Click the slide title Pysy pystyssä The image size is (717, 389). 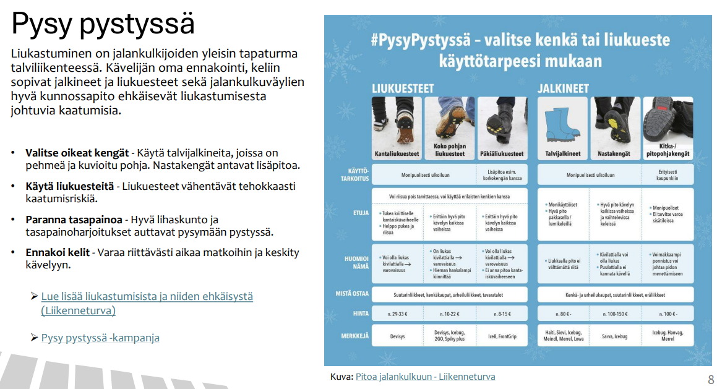(103, 24)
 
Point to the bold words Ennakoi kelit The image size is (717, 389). (56, 253)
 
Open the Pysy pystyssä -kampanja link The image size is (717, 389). (100, 338)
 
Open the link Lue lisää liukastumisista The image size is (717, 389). (147, 296)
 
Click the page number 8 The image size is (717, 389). (710, 378)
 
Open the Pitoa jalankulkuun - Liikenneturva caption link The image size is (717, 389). (425, 377)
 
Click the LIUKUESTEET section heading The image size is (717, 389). (402, 88)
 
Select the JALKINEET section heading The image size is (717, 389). (563, 88)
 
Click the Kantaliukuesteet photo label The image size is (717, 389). (396, 153)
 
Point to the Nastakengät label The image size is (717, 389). (615, 153)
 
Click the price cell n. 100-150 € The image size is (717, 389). (615, 314)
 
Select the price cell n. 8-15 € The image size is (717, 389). (502, 314)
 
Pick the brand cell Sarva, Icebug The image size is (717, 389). (615, 336)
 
